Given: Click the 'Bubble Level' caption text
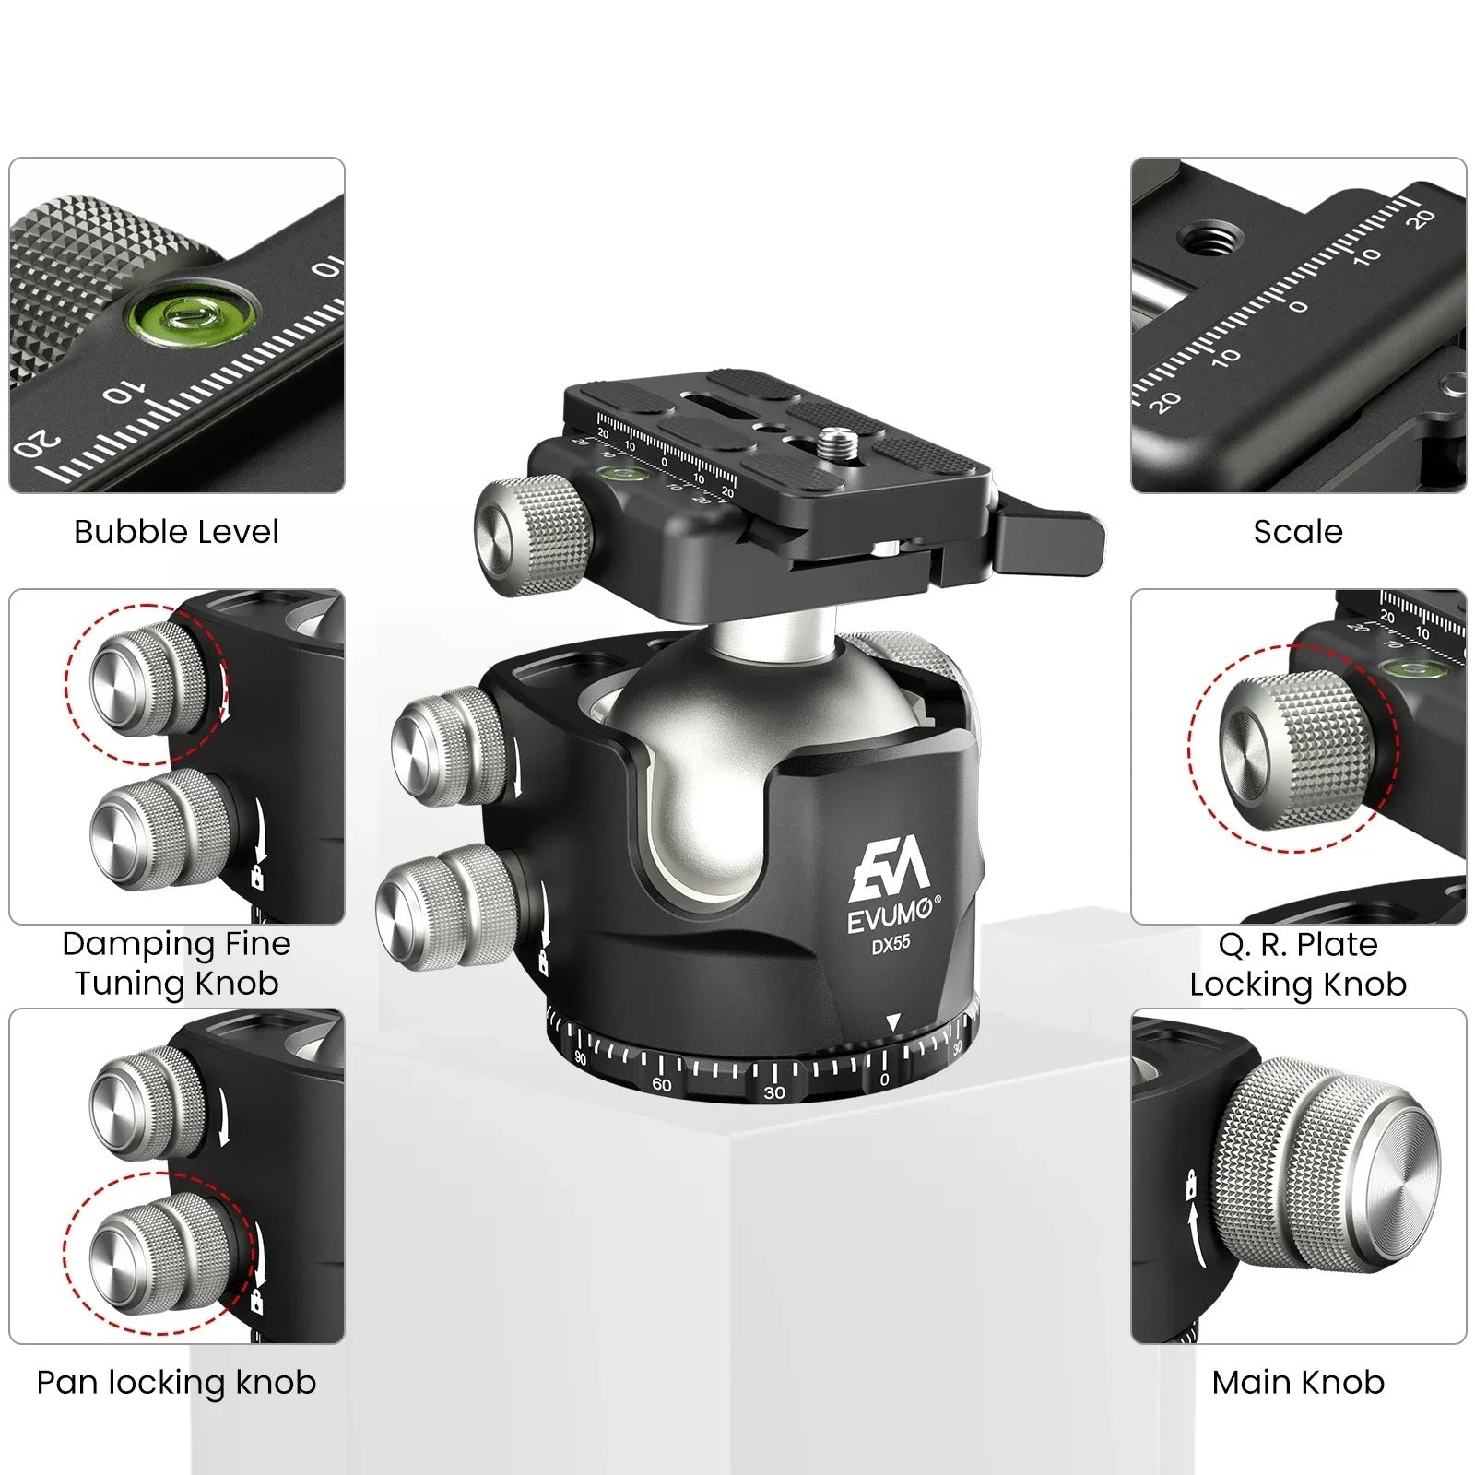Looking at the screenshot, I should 176,532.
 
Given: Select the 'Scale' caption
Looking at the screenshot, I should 1298,532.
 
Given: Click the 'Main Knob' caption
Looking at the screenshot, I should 1298,1382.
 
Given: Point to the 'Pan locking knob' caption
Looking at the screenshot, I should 176,1382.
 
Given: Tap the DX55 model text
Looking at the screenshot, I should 891,944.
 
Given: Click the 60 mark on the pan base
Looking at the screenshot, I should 661,1084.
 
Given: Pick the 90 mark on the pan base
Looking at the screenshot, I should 581,1058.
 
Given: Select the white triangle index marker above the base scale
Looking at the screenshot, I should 892,1022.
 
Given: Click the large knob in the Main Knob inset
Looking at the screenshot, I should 1327,1166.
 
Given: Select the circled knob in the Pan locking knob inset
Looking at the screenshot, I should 159,1254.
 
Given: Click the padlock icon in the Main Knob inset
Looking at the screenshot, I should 1191,1183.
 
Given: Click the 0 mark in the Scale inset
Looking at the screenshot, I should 1298,305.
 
